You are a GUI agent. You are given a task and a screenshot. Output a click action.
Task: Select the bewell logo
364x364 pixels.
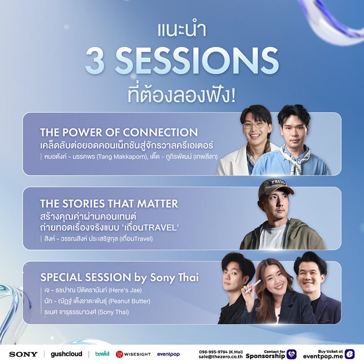[x=102, y=354]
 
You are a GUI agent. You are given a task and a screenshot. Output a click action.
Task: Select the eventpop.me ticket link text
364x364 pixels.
[x=322, y=357]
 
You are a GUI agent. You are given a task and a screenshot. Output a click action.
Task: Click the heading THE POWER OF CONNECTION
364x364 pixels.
[x=119, y=132]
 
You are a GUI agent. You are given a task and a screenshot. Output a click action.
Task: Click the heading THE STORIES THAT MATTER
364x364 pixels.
[x=109, y=203]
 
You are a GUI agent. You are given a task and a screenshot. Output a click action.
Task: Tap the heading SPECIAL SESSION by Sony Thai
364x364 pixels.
[x=119, y=277]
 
